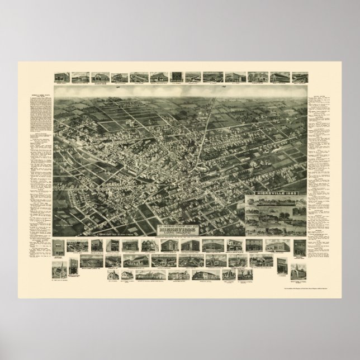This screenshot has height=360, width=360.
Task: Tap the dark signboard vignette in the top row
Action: point(176,77)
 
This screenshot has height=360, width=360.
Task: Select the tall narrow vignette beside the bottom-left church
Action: point(73,268)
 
